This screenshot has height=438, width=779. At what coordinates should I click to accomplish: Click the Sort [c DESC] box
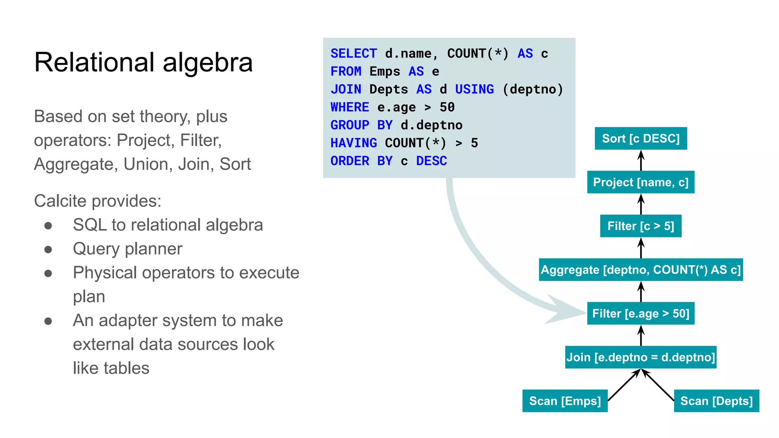click(x=641, y=138)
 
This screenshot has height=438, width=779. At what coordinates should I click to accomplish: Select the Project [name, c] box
click(x=641, y=182)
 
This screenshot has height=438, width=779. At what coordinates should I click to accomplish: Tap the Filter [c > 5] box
click(x=641, y=226)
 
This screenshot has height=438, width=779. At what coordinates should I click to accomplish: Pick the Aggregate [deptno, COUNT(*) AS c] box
click(x=641, y=270)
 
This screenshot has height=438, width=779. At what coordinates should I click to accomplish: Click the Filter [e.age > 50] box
click(x=641, y=313)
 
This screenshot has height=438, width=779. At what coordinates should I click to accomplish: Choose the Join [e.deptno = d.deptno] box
click(x=641, y=357)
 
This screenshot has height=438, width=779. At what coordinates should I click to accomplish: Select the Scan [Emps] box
click(x=565, y=401)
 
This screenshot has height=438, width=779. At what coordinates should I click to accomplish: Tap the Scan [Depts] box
click(x=716, y=401)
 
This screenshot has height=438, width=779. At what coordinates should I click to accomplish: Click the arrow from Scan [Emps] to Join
click(x=624, y=385)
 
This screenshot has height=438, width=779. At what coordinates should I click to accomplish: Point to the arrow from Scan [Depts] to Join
click(x=658, y=385)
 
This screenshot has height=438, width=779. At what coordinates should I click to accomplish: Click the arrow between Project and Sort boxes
click(x=641, y=160)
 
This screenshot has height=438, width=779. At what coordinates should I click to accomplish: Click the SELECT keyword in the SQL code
click(x=353, y=54)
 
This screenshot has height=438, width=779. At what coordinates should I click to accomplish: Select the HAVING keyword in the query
click(x=353, y=143)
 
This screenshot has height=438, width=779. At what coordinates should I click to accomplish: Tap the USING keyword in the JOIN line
click(x=474, y=89)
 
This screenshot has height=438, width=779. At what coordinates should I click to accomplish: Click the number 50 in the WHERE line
click(x=447, y=107)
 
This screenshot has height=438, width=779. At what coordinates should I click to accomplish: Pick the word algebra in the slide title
click(x=208, y=63)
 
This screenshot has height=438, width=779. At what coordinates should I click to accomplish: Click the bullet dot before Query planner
click(x=48, y=249)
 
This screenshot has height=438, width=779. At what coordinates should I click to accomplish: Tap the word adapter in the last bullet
click(x=126, y=321)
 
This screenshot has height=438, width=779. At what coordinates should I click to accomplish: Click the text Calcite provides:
click(x=98, y=201)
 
